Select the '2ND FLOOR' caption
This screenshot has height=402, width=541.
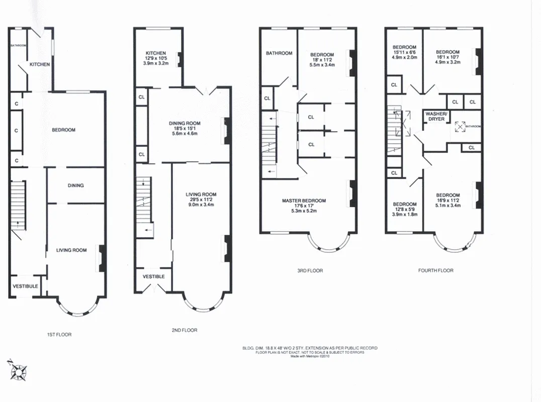click(x=184, y=330)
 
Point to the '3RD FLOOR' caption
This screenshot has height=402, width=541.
click(x=310, y=271)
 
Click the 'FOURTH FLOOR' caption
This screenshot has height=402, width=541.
click(x=435, y=271)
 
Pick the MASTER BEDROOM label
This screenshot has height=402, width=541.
click(x=304, y=201)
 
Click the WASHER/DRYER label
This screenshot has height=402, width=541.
click(x=435, y=117)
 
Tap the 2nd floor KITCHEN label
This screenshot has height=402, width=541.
click(x=156, y=53)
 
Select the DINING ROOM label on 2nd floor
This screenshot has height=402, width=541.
click(x=186, y=123)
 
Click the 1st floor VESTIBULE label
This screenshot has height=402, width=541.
click(x=25, y=286)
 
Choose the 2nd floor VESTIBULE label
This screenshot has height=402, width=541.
click(x=153, y=276)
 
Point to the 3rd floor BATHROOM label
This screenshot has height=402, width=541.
click(x=279, y=53)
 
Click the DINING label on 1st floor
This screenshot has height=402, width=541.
click(x=75, y=185)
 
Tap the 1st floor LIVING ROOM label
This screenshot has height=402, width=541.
click(x=71, y=250)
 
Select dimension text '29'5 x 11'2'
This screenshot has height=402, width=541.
click(x=201, y=200)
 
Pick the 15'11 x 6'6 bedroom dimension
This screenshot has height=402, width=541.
click(x=405, y=52)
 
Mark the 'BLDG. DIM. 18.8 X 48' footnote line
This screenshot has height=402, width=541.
click(x=310, y=348)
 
